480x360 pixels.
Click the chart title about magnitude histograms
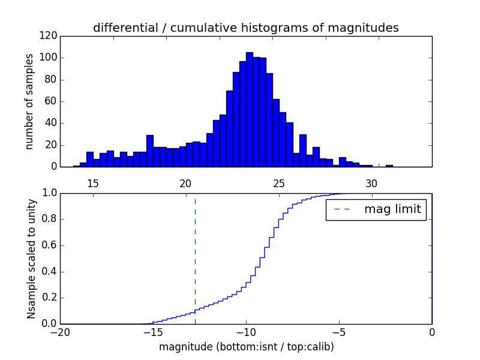(x=245, y=28)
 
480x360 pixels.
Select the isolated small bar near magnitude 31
(x=389, y=165)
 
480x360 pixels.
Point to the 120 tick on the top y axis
(x=50, y=36)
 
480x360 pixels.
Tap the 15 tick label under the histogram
(x=93, y=183)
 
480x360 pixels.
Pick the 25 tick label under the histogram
(x=279, y=183)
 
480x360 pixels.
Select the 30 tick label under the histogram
(x=372, y=183)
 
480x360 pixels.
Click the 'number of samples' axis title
(x=29, y=101)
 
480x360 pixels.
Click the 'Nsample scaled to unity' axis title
(x=31, y=259)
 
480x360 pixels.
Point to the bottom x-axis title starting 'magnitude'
(x=246, y=347)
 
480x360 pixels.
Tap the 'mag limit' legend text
(x=392, y=209)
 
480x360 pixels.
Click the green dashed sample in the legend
(x=342, y=209)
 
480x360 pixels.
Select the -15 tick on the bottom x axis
(x=153, y=332)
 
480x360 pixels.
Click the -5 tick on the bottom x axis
(x=339, y=332)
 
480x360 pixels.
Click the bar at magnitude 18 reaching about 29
(x=149, y=151)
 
